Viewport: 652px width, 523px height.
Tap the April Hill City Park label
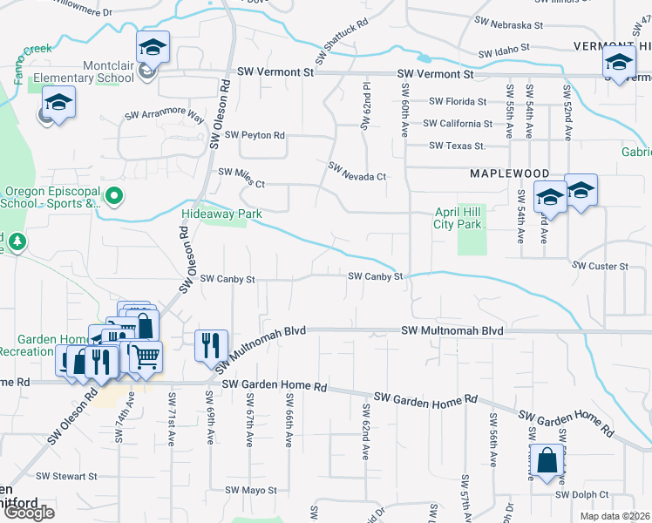[458, 218]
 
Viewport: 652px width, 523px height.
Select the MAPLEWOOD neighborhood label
[510, 174]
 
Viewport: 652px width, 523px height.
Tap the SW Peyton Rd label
[255, 135]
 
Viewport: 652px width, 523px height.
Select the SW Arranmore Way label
[164, 115]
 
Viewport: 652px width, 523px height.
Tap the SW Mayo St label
[251, 491]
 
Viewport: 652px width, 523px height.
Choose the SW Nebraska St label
[509, 25]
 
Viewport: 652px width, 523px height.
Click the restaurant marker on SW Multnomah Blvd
[211, 346]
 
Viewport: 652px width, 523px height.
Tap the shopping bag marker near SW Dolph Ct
[546, 461]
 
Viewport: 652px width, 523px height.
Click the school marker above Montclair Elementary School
[153, 47]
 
